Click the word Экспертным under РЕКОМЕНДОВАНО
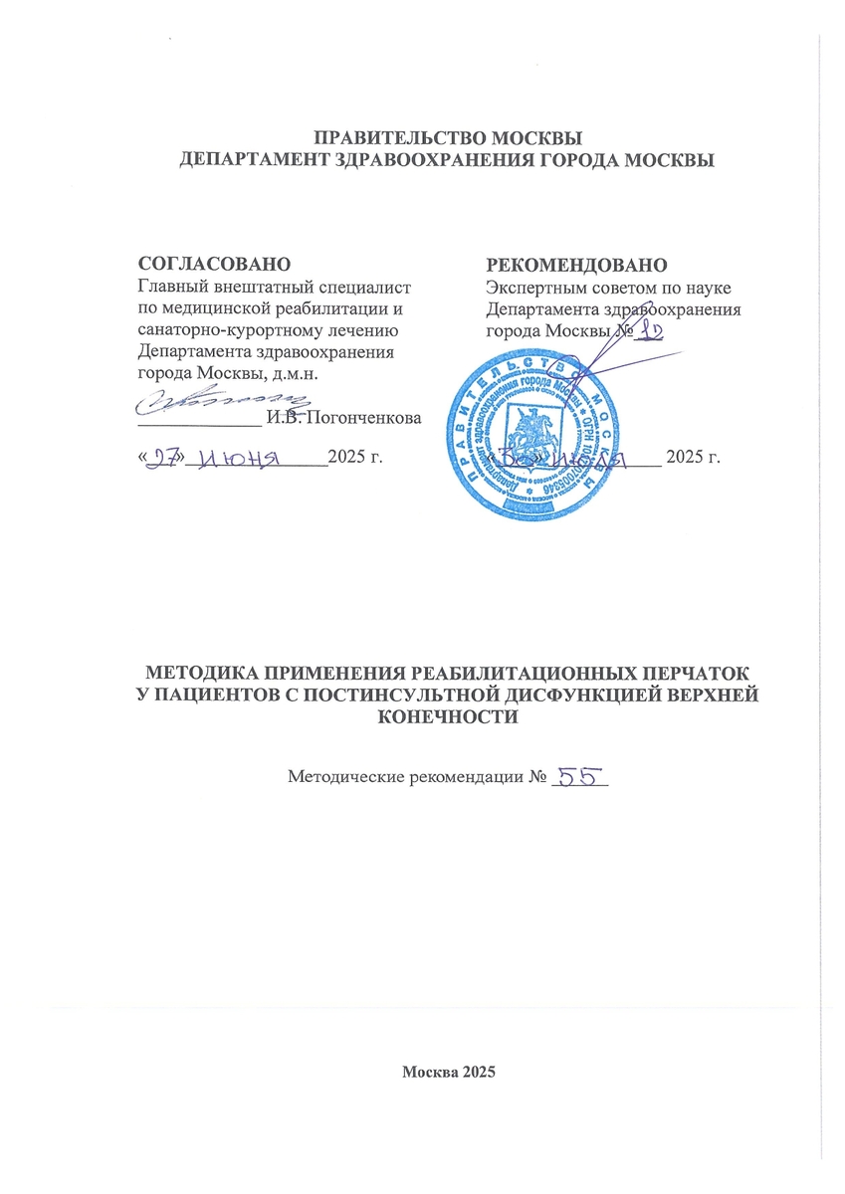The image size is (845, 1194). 532,288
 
